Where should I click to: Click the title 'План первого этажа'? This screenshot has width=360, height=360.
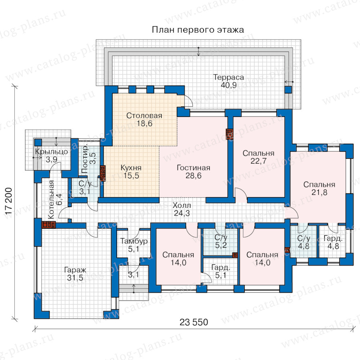click(x=198, y=30)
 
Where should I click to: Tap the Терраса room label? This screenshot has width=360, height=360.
click(x=229, y=77)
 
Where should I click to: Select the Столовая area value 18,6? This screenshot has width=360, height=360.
click(x=144, y=124)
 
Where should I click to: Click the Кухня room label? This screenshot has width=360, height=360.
click(x=131, y=168)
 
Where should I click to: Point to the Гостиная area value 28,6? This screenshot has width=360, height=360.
click(x=193, y=176)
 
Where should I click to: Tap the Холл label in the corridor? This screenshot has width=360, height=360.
click(x=182, y=205)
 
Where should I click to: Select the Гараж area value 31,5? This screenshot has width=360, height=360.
click(x=75, y=278)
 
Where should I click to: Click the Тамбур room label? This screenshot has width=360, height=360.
click(x=134, y=241)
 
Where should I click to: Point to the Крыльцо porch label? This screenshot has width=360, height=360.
click(x=52, y=152)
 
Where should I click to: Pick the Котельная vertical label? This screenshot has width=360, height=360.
click(x=51, y=199)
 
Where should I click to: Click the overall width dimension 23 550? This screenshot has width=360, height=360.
click(x=194, y=322)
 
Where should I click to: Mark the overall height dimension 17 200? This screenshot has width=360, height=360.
click(x=8, y=201)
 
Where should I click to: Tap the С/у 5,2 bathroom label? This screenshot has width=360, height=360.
click(x=221, y=242)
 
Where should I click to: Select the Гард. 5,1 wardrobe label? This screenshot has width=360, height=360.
click(x=221, y=271)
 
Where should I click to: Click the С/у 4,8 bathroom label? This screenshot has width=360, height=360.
click(x=304, y=242)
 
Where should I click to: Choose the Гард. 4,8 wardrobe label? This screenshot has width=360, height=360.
click(x=333, y=242)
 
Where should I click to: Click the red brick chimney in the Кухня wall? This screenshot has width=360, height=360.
click(x=103, y=173)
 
